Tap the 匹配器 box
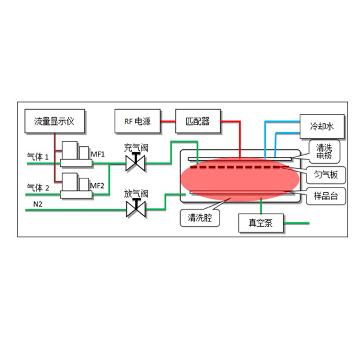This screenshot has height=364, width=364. point(197,121)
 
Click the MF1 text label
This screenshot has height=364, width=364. point(98,154)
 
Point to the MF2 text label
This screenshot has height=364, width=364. point(98,184)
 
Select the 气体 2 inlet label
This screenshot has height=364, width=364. point(38,186)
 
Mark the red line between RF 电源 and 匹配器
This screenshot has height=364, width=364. point(168,121)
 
